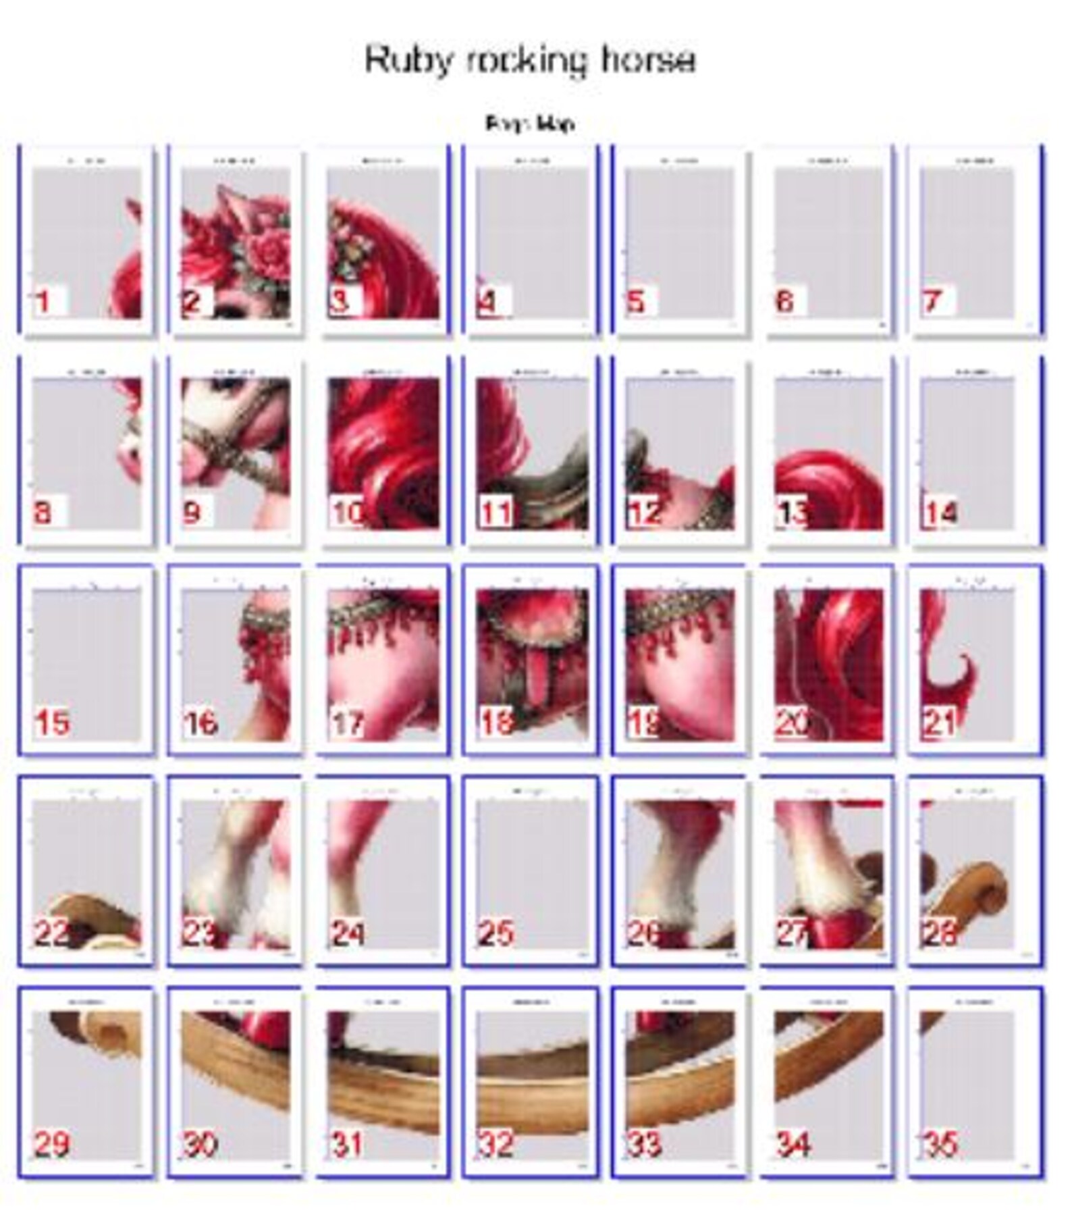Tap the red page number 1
point(44,301)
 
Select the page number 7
point(932,301)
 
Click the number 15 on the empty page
point(52,723)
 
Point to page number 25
point(496,933)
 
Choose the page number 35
point(940,1144)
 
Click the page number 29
point(52,1144)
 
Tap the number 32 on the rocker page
point(496,1144)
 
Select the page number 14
point(940,513)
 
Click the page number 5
point(635,301)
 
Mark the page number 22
point(52,933)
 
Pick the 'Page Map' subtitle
point(530,124)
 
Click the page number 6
point(784,301)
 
